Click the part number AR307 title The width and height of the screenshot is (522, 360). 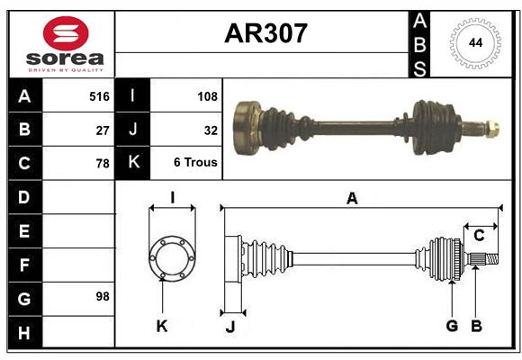[265, 34]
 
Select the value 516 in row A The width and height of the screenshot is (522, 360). [98, 96]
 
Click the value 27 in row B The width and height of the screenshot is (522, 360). [103, 130]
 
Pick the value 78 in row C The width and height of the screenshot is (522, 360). [103, 164]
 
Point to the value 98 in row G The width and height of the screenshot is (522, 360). [103, 296]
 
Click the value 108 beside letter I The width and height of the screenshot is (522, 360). [206, 96]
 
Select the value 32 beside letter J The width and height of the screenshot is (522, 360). [211, 130]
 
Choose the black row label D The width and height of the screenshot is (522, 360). [24, 197]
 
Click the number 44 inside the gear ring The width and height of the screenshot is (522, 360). [473, 42]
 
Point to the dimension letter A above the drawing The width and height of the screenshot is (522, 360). [352, 199]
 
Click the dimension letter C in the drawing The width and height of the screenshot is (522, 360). [480, 236]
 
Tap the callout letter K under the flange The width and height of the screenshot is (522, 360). [162, 327]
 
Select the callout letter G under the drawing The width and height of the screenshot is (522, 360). [452, 326]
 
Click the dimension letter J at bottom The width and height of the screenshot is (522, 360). [230, 328]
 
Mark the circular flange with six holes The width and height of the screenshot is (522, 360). [171, 258]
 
